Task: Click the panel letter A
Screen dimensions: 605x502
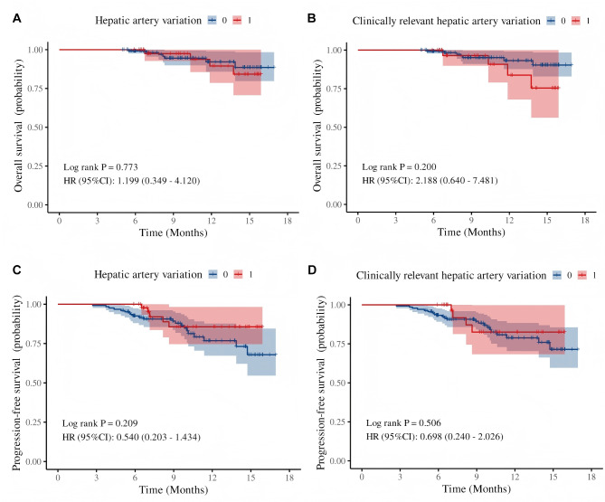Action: tap(16, 18)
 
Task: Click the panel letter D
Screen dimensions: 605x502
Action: tap(312, 270)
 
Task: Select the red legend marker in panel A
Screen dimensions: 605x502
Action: tap(237, 21)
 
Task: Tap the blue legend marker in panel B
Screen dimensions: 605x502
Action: tap(551, 21)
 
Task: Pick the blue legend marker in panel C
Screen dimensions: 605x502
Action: tap(213, 274)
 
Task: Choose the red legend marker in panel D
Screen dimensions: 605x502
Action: tap(581, 275)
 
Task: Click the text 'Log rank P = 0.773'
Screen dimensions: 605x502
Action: tap(100, 167)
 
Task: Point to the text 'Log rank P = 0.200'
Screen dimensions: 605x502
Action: tap(399, 166)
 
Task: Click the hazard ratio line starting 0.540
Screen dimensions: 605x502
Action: tap(131, 437)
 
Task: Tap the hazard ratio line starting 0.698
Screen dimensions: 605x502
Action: tap(434, 436)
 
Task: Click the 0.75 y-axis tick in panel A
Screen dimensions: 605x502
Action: tap(35, 89)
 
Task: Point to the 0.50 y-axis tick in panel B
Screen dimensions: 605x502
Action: tap(334, 128)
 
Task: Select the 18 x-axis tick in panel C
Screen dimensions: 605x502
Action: tap(289, 478)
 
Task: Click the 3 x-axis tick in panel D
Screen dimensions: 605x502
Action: tap(400, 477)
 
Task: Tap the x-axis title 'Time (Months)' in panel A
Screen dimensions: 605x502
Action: tap(174, 232)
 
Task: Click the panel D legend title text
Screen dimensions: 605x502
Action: tap(451, 276)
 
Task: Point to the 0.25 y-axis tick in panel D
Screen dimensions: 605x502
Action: tap(337, 421)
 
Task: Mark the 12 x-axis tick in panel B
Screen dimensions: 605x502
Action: tap(509, 221)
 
